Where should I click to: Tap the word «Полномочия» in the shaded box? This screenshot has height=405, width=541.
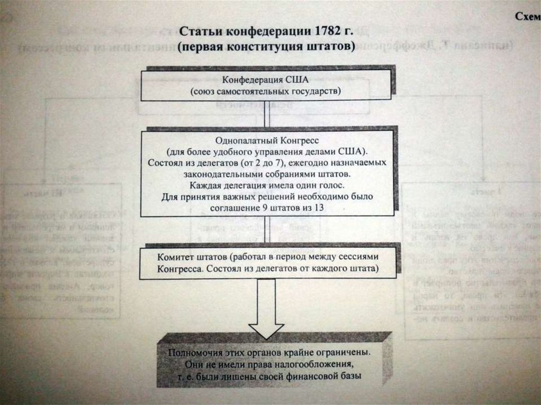192,352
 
